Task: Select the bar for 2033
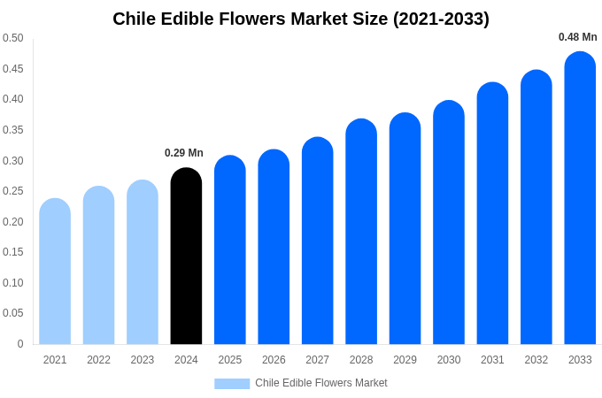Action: point(580,199)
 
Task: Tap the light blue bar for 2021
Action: point(55,272)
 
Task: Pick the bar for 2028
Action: point(361,232)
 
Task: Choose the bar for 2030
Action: point(449,223)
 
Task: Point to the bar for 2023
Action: point(143,263)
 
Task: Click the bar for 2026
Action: point(274,248)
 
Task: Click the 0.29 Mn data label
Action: point(184,153)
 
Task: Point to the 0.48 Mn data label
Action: point(577,37)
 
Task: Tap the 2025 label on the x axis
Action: point(230,360)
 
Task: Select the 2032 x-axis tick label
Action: point(536,360)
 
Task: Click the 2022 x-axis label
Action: point(98,360)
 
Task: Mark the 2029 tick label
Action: point(405,360)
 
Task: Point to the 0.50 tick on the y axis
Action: point(13,38)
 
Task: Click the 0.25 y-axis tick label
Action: point(13,191)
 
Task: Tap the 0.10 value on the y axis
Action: point(13,283)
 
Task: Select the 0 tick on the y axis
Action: point(20,344)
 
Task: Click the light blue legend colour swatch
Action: point(232,384)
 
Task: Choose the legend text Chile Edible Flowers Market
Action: point(321,383)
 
